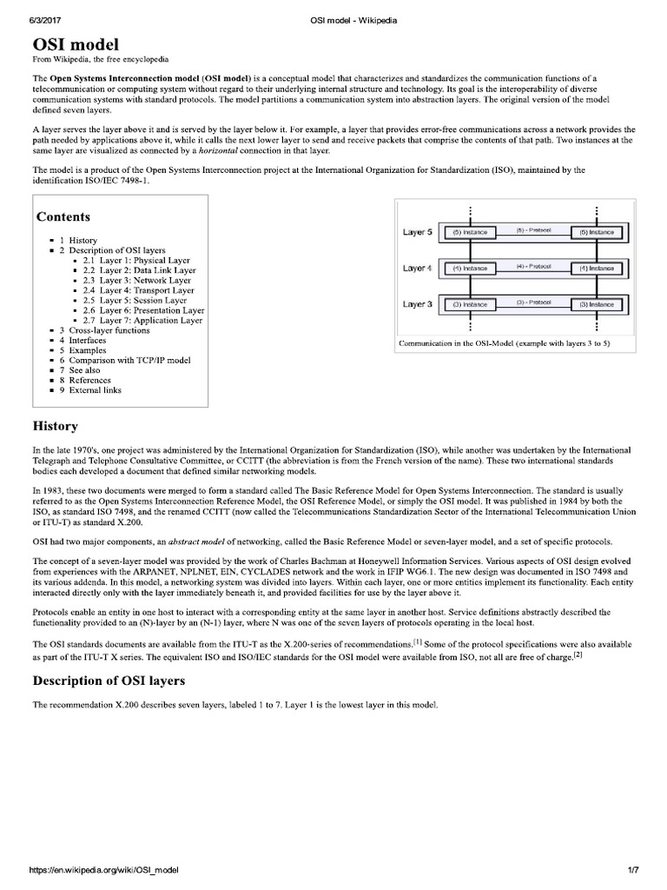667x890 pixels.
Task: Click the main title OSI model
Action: (x=76, y=44)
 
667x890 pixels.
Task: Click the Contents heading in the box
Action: (x=63, y=216)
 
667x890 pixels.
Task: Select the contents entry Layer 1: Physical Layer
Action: (x=144, y=261)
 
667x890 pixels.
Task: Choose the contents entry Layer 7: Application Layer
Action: (x=151, y=321)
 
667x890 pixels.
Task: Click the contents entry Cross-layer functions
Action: (x=109, y=330)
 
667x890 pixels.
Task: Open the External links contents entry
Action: (x=96, y=390)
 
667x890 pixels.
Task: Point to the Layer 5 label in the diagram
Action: (x=418, y=232)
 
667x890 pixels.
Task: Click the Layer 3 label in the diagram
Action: (x=418, y=304)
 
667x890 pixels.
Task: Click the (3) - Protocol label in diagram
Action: (x=533, y=302)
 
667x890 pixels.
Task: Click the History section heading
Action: (x=56, y=426)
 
